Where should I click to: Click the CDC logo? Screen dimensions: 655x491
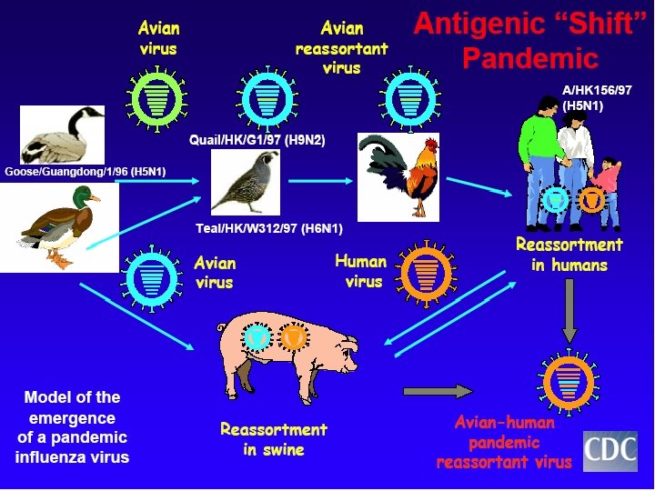[x=610, y=450]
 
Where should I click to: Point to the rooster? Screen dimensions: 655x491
[x=399, y=173]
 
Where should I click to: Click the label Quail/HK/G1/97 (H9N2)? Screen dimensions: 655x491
[x=257, y=140]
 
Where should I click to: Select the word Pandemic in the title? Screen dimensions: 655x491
[x=529, y=58]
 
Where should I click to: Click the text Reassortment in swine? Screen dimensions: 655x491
[x=273, y=439]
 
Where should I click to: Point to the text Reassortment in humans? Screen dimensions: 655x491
[x=569, y=255]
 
